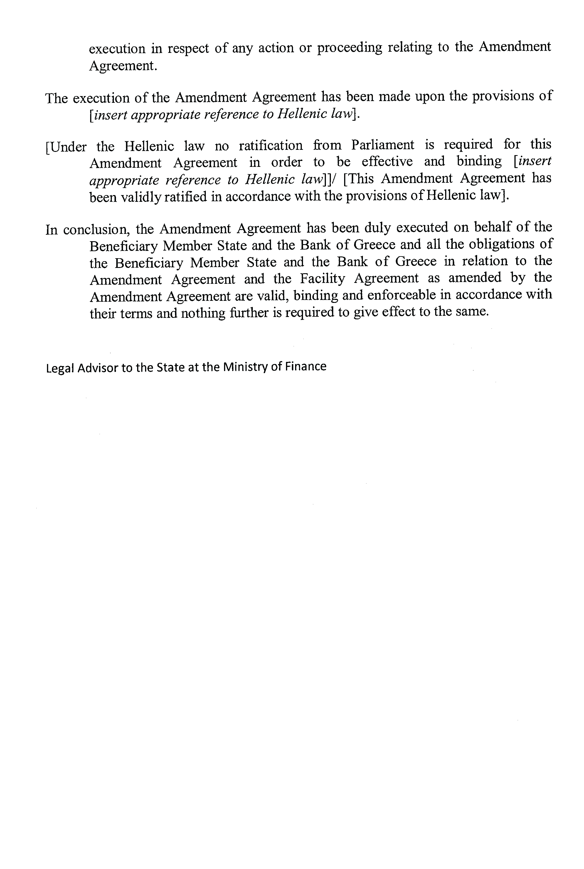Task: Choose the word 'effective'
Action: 387,161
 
